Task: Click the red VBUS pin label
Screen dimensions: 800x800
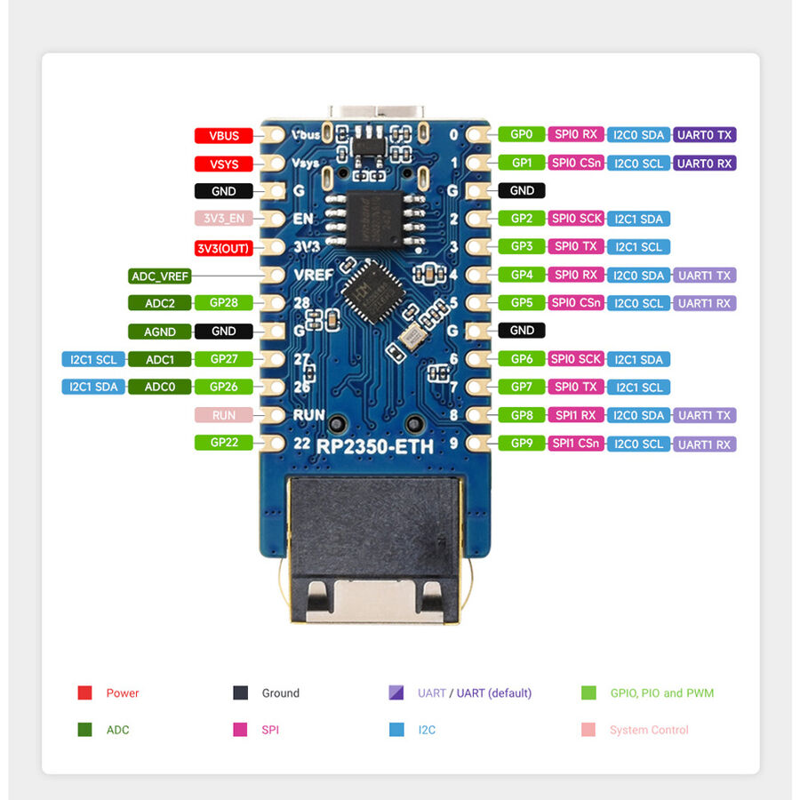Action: click(x=223, y=136)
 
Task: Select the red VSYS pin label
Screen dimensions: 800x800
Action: click(x=223, y=164)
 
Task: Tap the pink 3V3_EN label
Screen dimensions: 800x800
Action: click(x=223, y=219)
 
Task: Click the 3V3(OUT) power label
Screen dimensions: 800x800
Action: click(x=223, y=248)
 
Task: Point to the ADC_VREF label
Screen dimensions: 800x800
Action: click(x=160, y=276)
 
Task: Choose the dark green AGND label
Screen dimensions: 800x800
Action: click(x=160, y=332)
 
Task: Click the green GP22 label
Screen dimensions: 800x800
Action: click(x=223, y=443)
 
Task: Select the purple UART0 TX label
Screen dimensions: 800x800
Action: click(x=705, y=135)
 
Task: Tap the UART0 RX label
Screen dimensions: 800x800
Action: click(x=705, y=164)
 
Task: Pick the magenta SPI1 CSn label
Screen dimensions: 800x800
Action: click(x=576, y=444)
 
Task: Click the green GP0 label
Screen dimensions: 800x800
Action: click(x=522, y=134)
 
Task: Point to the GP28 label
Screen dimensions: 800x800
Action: click(x=223, y=302)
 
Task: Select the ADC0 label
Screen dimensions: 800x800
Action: click(x=160, y=387)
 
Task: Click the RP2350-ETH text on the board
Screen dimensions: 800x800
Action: click(x=374, y=447)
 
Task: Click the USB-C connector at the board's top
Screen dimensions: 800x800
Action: click(x=377, y=113)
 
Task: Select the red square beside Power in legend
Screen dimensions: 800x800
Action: click(x=84, y=692)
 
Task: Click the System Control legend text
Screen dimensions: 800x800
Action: click(x=649, y=730)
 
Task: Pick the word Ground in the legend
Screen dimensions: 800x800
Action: click(x=281, y=692)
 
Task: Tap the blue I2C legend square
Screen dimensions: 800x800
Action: click(x=396, y=729)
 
